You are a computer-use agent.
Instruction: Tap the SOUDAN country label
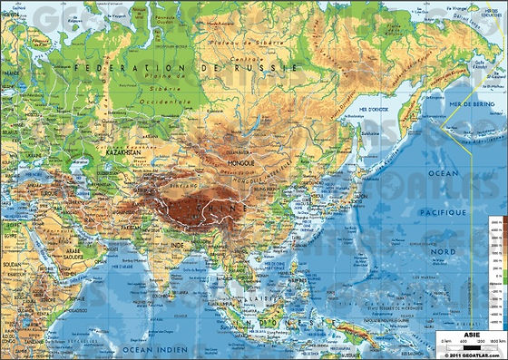point(12,266)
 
